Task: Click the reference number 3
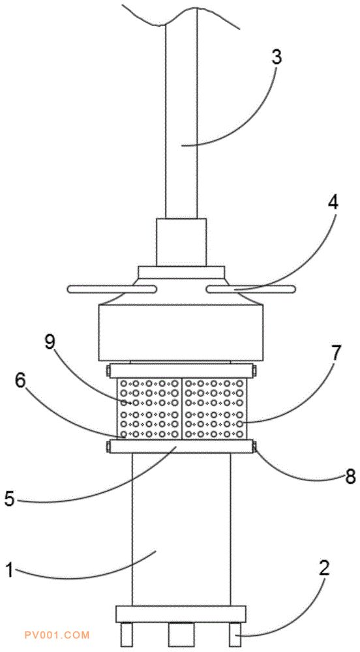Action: coord(276,58)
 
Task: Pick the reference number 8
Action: coord(350,477)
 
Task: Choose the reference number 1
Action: coord(9,570)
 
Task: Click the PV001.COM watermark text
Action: coord(57,634)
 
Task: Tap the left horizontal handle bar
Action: coord(111,289)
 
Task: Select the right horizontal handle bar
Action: coord(250,289)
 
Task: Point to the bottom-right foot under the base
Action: coord(235,633)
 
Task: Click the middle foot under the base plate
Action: coord(181,633)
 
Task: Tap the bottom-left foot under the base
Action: coord(126,633)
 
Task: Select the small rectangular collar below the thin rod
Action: coord(181,242)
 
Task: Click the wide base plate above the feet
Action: coord(181,614)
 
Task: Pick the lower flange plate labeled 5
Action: coord(181,446)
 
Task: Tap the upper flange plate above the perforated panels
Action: coord(181,370)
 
